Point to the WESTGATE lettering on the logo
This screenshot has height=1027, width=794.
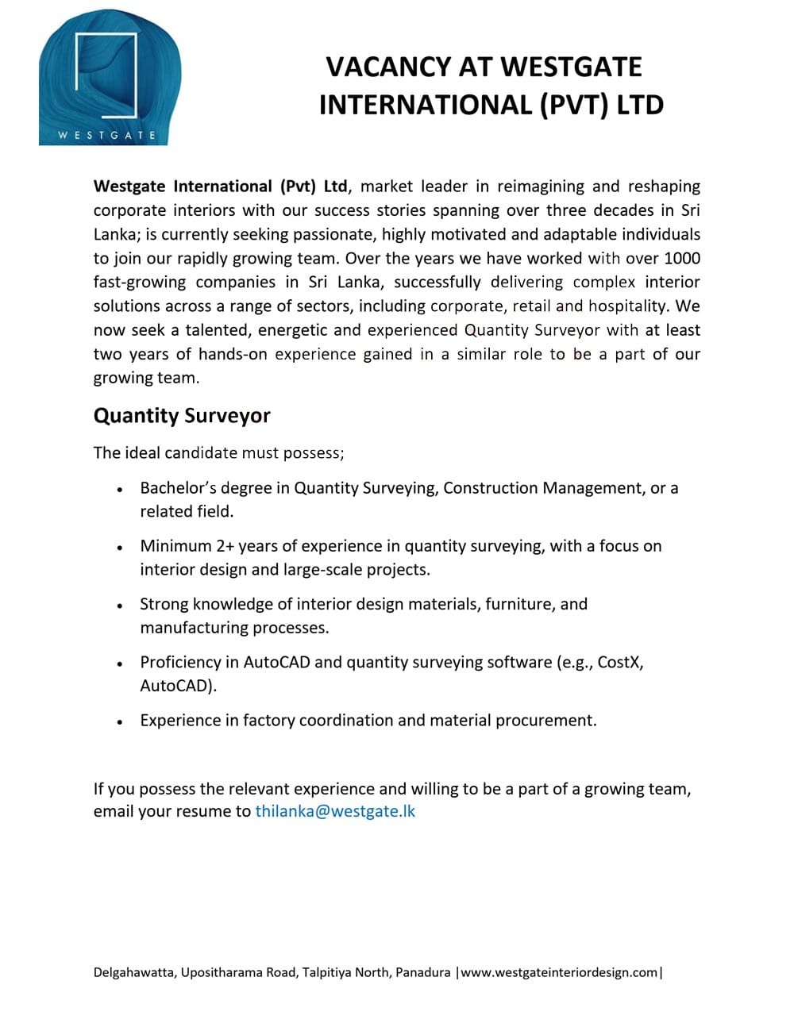107,135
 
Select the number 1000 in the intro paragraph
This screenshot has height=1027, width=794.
681,258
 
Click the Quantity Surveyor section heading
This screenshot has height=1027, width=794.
182,416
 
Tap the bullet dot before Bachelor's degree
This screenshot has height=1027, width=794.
119,490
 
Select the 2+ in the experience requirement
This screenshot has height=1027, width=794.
225,546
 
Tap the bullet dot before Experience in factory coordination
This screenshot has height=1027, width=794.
119,722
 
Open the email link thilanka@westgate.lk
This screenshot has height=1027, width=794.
335,811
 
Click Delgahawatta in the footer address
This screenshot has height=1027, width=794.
133,972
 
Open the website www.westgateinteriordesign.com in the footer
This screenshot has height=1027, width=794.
559,972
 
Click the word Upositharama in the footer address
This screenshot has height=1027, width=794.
218,972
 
